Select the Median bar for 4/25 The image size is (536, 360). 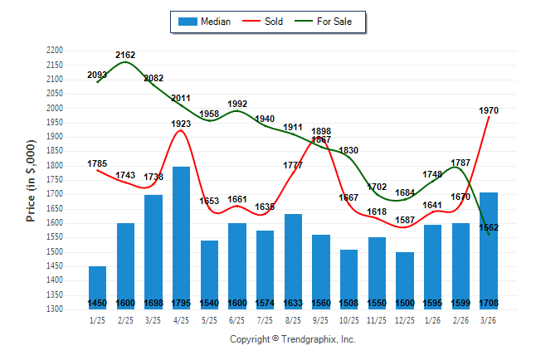(x=181, y=236)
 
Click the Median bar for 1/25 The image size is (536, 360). (x=97, y=286)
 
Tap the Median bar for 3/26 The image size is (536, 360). (x=489, y=249)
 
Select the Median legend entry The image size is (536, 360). (x=207, y=22)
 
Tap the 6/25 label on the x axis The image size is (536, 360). (x=237, y=319)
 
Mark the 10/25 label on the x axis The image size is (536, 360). (x=348, y=319)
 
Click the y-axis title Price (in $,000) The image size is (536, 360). (x=31, y=180)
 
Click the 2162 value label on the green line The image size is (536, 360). (x=125, y=55)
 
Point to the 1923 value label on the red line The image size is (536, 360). (x=181, y=123)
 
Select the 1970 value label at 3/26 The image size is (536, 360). (x=489, y=109)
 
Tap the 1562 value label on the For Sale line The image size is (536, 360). (x=489, y=226)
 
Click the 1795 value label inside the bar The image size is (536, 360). (x=181, y=303)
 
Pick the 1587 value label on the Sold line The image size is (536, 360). (x=405, y=220)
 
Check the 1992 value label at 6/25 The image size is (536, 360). (x=237, y=104)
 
